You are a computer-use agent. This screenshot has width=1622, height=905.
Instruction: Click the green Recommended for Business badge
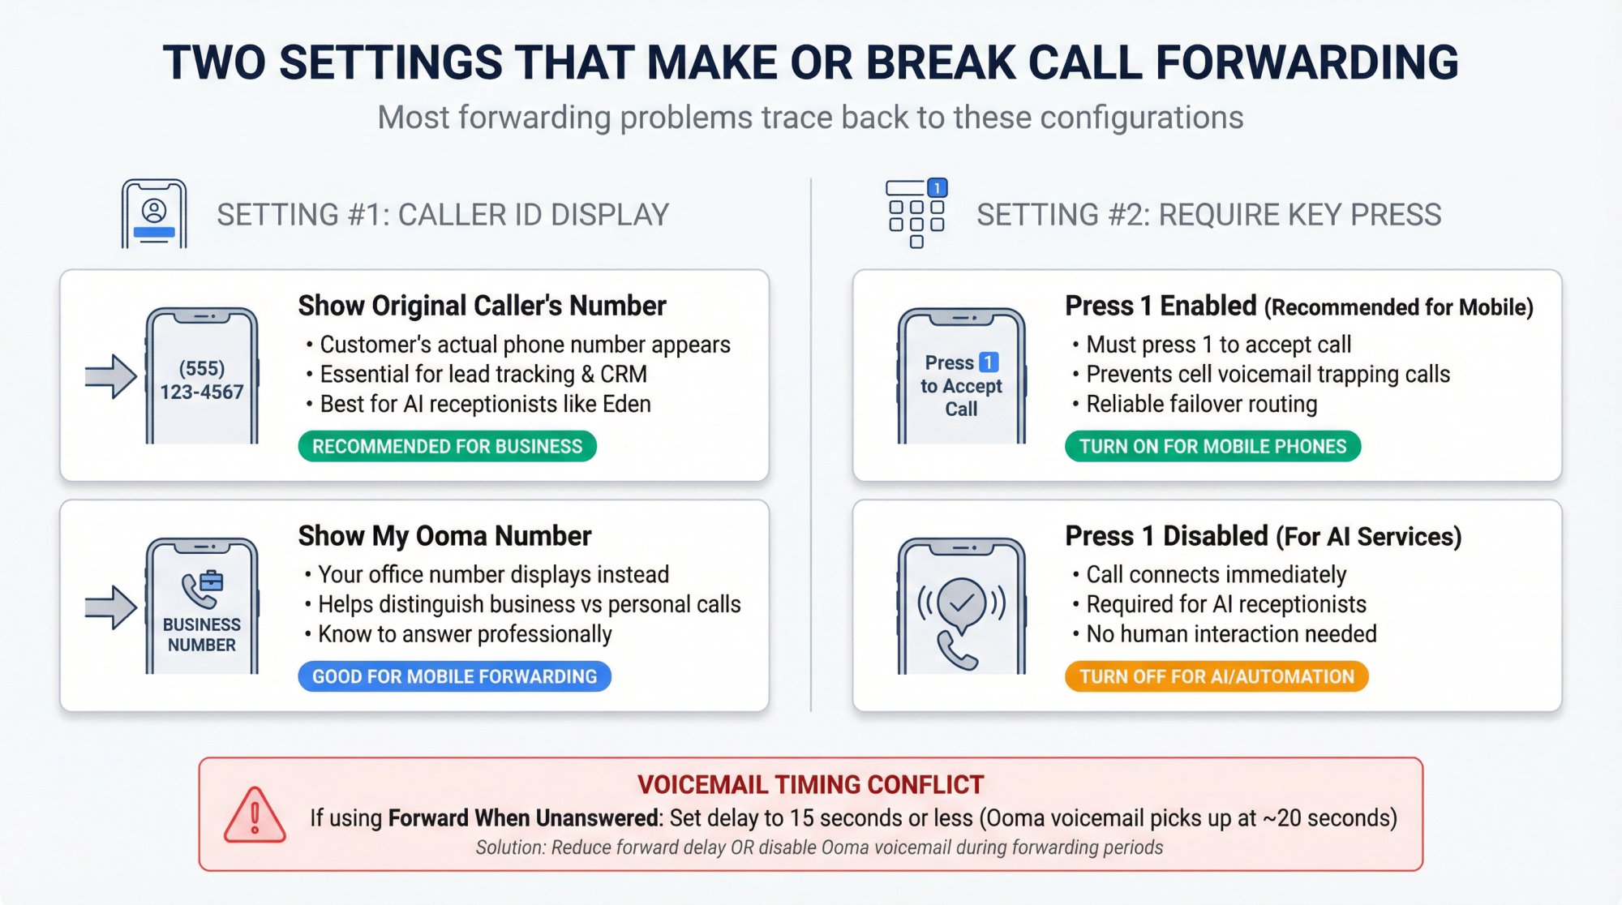coord(447,447)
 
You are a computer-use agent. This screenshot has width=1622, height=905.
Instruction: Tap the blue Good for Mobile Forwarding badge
coord(454,677)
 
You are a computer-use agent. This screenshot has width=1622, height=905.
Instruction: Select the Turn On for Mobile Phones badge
coord(1212,447)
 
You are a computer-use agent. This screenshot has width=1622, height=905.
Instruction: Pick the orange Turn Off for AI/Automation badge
coord(1216,677)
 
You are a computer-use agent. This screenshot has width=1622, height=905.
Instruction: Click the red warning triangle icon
coord(255,816)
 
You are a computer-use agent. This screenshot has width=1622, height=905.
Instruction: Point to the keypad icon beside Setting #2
coord(916,213)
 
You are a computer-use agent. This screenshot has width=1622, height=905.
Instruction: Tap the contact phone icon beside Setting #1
coord(154,214)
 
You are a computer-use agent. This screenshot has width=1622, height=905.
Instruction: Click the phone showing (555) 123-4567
coord(202,376)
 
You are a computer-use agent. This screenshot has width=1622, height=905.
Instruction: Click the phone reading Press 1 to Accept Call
coord(961,376)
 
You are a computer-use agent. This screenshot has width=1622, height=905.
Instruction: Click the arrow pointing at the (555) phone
coord(110,376)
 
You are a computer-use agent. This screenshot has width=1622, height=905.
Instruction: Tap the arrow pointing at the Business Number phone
coord(110,607)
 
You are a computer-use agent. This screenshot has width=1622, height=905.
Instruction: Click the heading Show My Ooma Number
coord(444,536)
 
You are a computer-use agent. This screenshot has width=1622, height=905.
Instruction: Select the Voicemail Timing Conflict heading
coord(810,785)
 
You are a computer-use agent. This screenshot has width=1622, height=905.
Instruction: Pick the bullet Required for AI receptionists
coord(1225,604)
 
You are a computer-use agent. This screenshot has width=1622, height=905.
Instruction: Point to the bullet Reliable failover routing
coord(1201,404)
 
